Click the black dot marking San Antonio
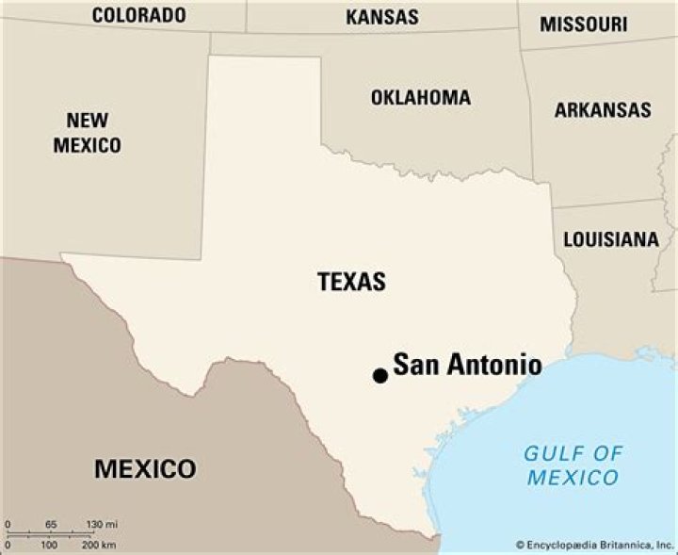tap(380, 375)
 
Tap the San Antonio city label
tap(467, 365)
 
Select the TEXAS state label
tap(351, 281)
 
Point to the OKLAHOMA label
tap(420, 97)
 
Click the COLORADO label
tap(138, 15)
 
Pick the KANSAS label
tap(382, 16)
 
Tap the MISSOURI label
tap(583, 24)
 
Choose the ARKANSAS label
tap(603, 109)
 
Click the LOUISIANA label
tap(611, 238)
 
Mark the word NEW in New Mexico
tap(87, 121)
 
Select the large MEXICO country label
tap(145, 468)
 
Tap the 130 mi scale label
tap(103, 524)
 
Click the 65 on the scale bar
tap(50, 524)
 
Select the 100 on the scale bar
tap(49, 545)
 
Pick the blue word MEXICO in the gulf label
tap(573, 477)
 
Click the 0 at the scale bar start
tap(8, 524)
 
